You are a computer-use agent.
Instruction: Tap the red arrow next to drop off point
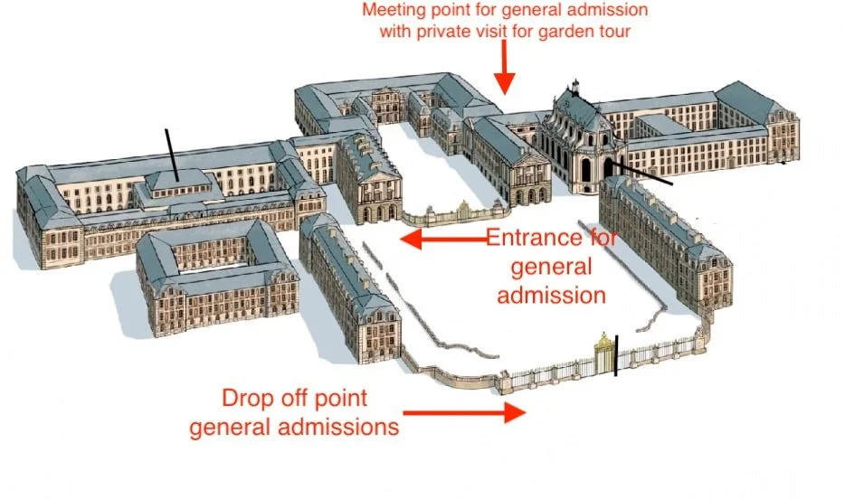pyautogui.click(x=464, y=413)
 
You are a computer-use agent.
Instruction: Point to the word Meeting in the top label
pyautogui.click(x=391, y=12)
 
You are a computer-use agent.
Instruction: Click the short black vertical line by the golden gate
pyautogui.click(x=617, y=355)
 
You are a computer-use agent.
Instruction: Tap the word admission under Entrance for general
pyautogui.click(x=552, y=295)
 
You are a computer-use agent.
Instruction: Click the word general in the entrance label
pyautogui.click(x=552, y=267)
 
